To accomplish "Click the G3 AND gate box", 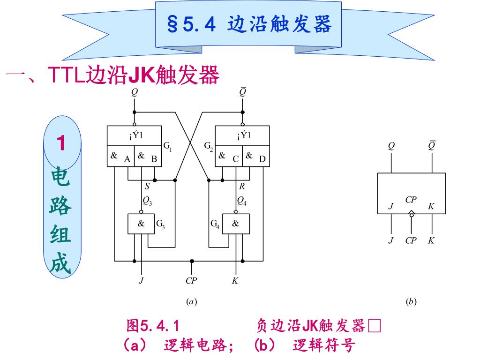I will [x=142, y=224].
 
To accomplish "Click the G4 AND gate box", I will [x=236, y=224].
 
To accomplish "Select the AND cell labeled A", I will [x=120, y=157].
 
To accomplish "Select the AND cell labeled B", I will [x=148, y=157].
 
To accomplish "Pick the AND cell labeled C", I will [x=229, y=157].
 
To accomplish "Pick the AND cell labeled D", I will [x=256, y=157].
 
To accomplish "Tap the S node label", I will [x=147, y=187].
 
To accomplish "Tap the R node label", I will [x=242, y=187].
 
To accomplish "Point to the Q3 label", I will [x=147, y=202].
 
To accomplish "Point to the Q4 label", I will [x=242, y=202].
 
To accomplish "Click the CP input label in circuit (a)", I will [x=191, y=281].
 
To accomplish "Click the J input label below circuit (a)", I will [x=141, y=281].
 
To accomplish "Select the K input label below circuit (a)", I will [x=235, y=281].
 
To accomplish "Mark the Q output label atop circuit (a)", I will [x=135, y=92].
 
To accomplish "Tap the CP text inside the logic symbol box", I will [x=411, y=200].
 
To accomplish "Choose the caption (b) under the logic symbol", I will [x=411, y=302].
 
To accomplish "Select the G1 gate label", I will [x=167, y=147].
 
